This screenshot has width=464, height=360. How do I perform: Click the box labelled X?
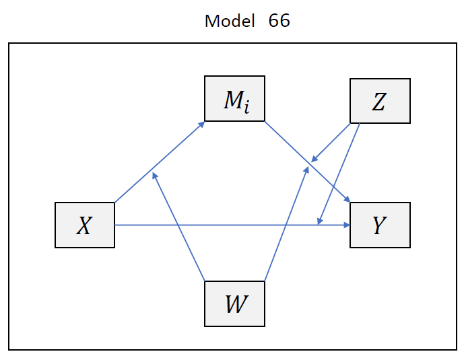[85, 225]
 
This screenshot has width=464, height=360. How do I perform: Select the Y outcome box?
[380, 225]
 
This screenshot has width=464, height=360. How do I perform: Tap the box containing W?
[234, 303]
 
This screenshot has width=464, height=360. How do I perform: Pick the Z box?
[380, 101]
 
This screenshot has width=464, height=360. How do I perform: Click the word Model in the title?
[230, 21]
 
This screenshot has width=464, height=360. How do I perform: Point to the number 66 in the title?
[279, 21]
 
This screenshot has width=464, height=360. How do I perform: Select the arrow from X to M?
[160, 161]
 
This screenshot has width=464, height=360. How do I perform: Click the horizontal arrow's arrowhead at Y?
[346, 225]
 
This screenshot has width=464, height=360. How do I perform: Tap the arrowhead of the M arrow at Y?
[347, 199]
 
